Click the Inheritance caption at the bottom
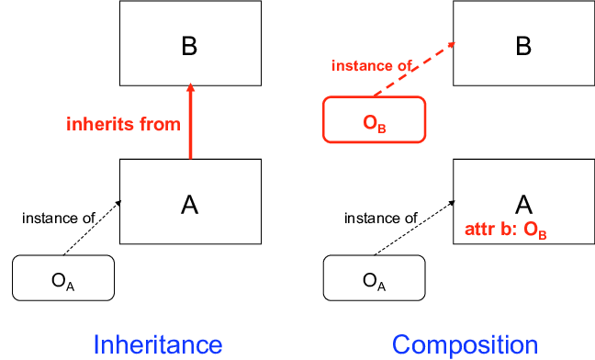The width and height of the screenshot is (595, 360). (x=157, y=343)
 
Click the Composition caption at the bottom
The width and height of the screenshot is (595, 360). (x=466, y=343)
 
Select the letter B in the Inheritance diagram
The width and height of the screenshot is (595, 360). (x=189, y=46)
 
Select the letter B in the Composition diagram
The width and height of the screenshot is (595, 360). (x=523, y=46)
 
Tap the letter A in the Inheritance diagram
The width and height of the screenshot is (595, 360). (x=189, y=205)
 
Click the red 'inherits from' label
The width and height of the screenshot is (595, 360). (x=123, y=124)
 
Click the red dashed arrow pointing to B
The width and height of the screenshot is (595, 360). (x=413, y=69)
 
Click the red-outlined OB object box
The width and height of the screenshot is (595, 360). (x=374, y=119)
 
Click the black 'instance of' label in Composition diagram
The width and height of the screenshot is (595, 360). (x=380, y=218)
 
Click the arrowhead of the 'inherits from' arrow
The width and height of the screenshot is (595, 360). (x=190, y=89)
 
